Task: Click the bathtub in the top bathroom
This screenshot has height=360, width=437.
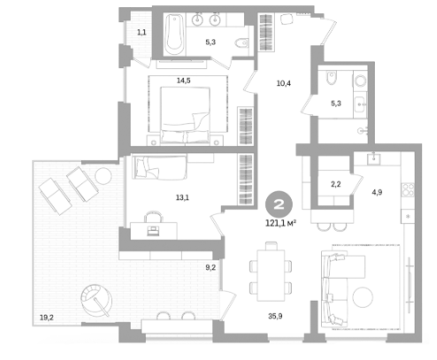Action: pyautogui.click(x=174, y=34)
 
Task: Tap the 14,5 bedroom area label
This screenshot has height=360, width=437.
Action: pyautogui.click(x=183, y=80)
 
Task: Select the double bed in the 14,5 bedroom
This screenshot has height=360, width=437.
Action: pyautogui.click(x=185, y=115)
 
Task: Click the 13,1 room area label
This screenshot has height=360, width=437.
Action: pyautogui.click(x=182, y=197)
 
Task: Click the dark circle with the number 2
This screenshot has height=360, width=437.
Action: pyautogui.click(x=279, y=204)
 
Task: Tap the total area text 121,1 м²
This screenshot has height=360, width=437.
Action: pyautogui.click(x=280, y=224)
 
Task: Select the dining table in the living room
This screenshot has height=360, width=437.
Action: pyautogui.click(x=271, y=275)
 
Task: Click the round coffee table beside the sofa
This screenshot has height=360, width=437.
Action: pyautogui.click(x=363, y=297)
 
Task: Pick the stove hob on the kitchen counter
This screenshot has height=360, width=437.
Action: pyautogui.click(x=408, y=190)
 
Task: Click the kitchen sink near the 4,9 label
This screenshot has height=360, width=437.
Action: pyautogui.click(x=374, y=158)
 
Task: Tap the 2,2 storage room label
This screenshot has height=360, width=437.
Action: pyautogui.click(x=335, y=184)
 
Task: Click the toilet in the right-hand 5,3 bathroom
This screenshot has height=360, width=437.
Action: pyautogui.click(x=331, y=77)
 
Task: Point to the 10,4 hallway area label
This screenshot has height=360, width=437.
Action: pyautogui.click(x=283, y=83)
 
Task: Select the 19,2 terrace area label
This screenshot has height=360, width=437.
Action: pyautogui.click(x=47, y=318)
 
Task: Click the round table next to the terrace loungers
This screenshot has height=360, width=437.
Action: pyautogui.click(x=103, y=176)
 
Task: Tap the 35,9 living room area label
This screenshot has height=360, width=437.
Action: pyautogui.click(x=275, y=316)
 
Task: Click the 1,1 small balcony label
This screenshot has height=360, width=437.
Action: pyautogui.click(x=142, y=32)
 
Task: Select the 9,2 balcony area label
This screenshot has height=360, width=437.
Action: pyautogui.click(x=211, y=267)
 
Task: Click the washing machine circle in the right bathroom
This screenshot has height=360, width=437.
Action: pyautogui.click(x=360, y=80)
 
